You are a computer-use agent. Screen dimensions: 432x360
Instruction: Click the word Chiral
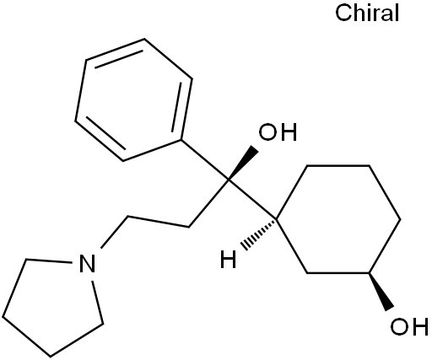click(x=367, y=13)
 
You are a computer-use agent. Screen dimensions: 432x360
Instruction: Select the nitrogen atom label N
click(x=87, y=264)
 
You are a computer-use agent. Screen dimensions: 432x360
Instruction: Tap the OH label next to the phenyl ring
click(x=278, y=132)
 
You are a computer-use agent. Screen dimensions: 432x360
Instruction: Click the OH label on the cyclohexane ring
click(x=409, y=326)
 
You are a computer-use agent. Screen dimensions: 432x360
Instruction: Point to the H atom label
click(x=228, y=260)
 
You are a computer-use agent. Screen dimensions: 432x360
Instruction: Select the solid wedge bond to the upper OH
click(x=243, y=163)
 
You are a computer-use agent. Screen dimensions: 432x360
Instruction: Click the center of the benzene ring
click(x=134, y=99)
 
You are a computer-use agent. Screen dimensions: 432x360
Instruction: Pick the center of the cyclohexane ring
click(x=338, y=219)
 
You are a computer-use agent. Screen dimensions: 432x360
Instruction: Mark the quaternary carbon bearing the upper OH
click(x=229, y=180)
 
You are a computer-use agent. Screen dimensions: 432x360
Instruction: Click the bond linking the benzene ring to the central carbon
click(x=205, y=159)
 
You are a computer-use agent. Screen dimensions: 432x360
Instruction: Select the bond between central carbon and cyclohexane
click(x=252, y=199)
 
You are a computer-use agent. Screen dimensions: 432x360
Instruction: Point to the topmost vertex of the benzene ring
click(x=144, y=39)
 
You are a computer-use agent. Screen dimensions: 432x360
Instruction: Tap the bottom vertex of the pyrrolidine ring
click(x=50, y=356)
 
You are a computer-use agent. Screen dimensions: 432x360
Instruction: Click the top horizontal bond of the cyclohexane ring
click(x=338, y=166)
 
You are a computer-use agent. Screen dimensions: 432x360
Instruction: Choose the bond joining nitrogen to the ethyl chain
click(x=115, y=233)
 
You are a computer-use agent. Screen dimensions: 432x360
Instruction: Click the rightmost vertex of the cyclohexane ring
click(x=401, y=219)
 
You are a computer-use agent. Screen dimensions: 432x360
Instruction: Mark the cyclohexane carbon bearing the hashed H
click(x=277, y=218)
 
